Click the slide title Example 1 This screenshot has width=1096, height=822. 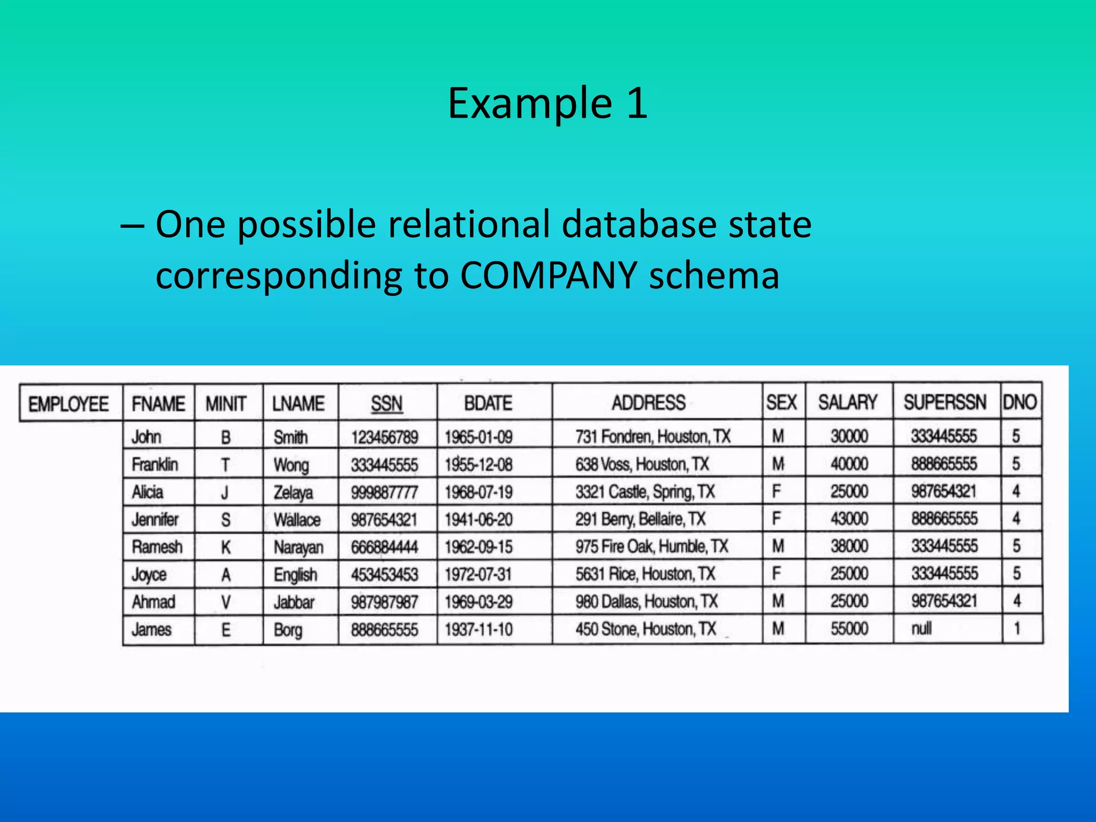point(547,103)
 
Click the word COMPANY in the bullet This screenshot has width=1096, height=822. point(548,275)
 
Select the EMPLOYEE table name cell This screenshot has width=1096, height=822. point(68,404)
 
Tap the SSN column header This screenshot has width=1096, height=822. point(386,403)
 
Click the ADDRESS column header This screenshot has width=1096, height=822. point(649,402)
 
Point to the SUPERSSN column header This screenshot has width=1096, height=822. point(945,402)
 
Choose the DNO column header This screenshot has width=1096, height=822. point(1020,402)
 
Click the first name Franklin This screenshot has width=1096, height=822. point(155,464)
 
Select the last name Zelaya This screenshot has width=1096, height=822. point(293,492)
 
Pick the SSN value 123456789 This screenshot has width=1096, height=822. point(384,437)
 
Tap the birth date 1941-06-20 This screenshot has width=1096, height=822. point(478,519)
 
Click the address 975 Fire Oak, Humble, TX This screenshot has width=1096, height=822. point(652,546)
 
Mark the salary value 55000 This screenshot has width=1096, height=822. point(849,628)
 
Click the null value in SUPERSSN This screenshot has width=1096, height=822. point(922,628)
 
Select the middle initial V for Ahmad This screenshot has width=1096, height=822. point(226,602)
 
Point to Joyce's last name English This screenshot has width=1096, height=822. point(295,575)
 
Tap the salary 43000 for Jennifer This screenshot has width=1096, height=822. point(849,519)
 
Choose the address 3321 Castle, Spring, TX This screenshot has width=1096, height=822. point(645,491)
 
